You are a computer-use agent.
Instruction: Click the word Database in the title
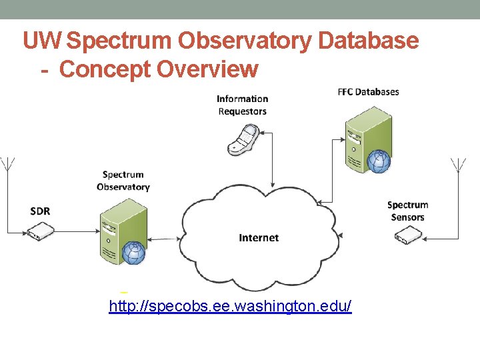(x=368, y=41)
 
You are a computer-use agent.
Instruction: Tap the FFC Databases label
(x=368, y=91)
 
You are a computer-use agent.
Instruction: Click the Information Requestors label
(x=243, y=105)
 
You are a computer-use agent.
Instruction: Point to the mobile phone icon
(x=243, y=141)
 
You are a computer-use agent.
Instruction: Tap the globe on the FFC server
(x=379, y=162)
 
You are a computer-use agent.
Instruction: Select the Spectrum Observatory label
(x=123, y=181)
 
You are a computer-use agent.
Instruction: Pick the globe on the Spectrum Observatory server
(x=134, y=253)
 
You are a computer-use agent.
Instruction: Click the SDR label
(x=40, y=211)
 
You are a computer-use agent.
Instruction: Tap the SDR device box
(x=41, y=231)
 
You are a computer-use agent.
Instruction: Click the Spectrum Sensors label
(x=407, y=211)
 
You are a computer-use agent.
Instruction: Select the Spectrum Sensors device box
(x=407, y=234)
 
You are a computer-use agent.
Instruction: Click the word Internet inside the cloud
(x=259, y=237)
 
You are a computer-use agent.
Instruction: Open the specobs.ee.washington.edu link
(x=230, y=306)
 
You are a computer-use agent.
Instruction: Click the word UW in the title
(x=42, y=41)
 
